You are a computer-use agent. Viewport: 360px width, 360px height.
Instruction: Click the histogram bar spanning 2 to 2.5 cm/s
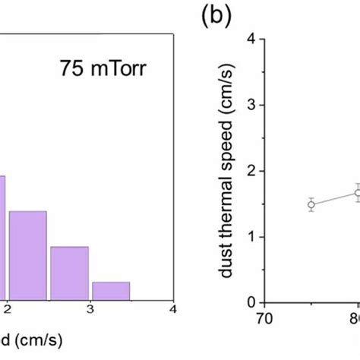click(28, 255)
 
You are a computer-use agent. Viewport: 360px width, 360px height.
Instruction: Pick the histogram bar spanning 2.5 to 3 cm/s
click(69, 273)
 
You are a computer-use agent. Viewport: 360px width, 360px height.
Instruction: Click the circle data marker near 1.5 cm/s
click(311, 204)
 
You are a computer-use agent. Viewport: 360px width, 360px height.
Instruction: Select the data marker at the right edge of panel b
click(358, 193)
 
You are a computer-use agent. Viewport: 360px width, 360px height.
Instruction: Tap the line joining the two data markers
click(334, 199)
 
